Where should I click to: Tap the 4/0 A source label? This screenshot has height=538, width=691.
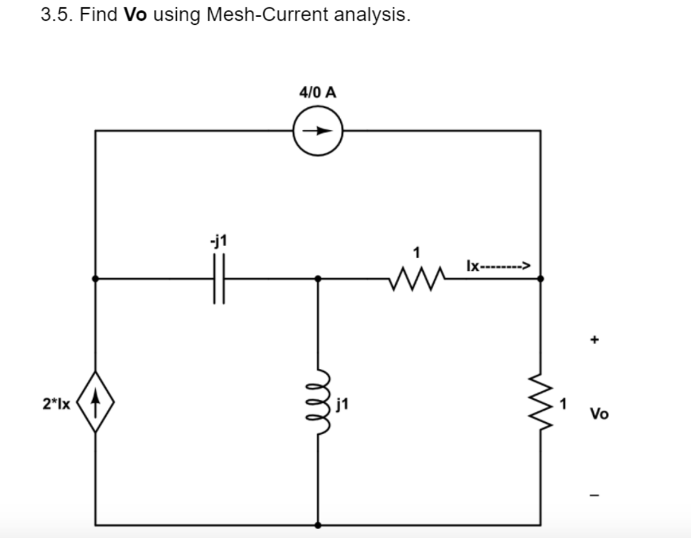coord(317,92)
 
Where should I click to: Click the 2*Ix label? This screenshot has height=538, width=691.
coord(56,404)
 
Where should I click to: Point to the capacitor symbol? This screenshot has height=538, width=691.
coord(219,278)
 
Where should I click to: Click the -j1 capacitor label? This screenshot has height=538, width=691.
coord(219,241)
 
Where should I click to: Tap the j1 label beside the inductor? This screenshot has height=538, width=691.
coord(342,404)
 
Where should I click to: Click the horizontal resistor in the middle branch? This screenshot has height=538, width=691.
coord(417,278)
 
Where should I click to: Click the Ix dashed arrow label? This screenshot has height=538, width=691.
coord(499,266)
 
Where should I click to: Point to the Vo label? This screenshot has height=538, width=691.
coord(599,414)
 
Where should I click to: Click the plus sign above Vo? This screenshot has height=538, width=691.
coord(595,339)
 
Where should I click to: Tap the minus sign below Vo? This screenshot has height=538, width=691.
coord(595,496)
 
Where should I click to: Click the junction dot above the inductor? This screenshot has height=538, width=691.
coord(318,278)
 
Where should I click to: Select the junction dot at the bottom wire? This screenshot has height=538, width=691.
coord(318,525)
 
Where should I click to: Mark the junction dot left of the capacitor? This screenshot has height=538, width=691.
coord(95,278)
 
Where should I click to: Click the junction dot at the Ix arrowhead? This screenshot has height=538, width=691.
coord(541,278)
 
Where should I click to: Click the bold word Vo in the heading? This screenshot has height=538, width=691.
coord(135,15)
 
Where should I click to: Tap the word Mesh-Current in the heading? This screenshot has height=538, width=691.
coord(267,15)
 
